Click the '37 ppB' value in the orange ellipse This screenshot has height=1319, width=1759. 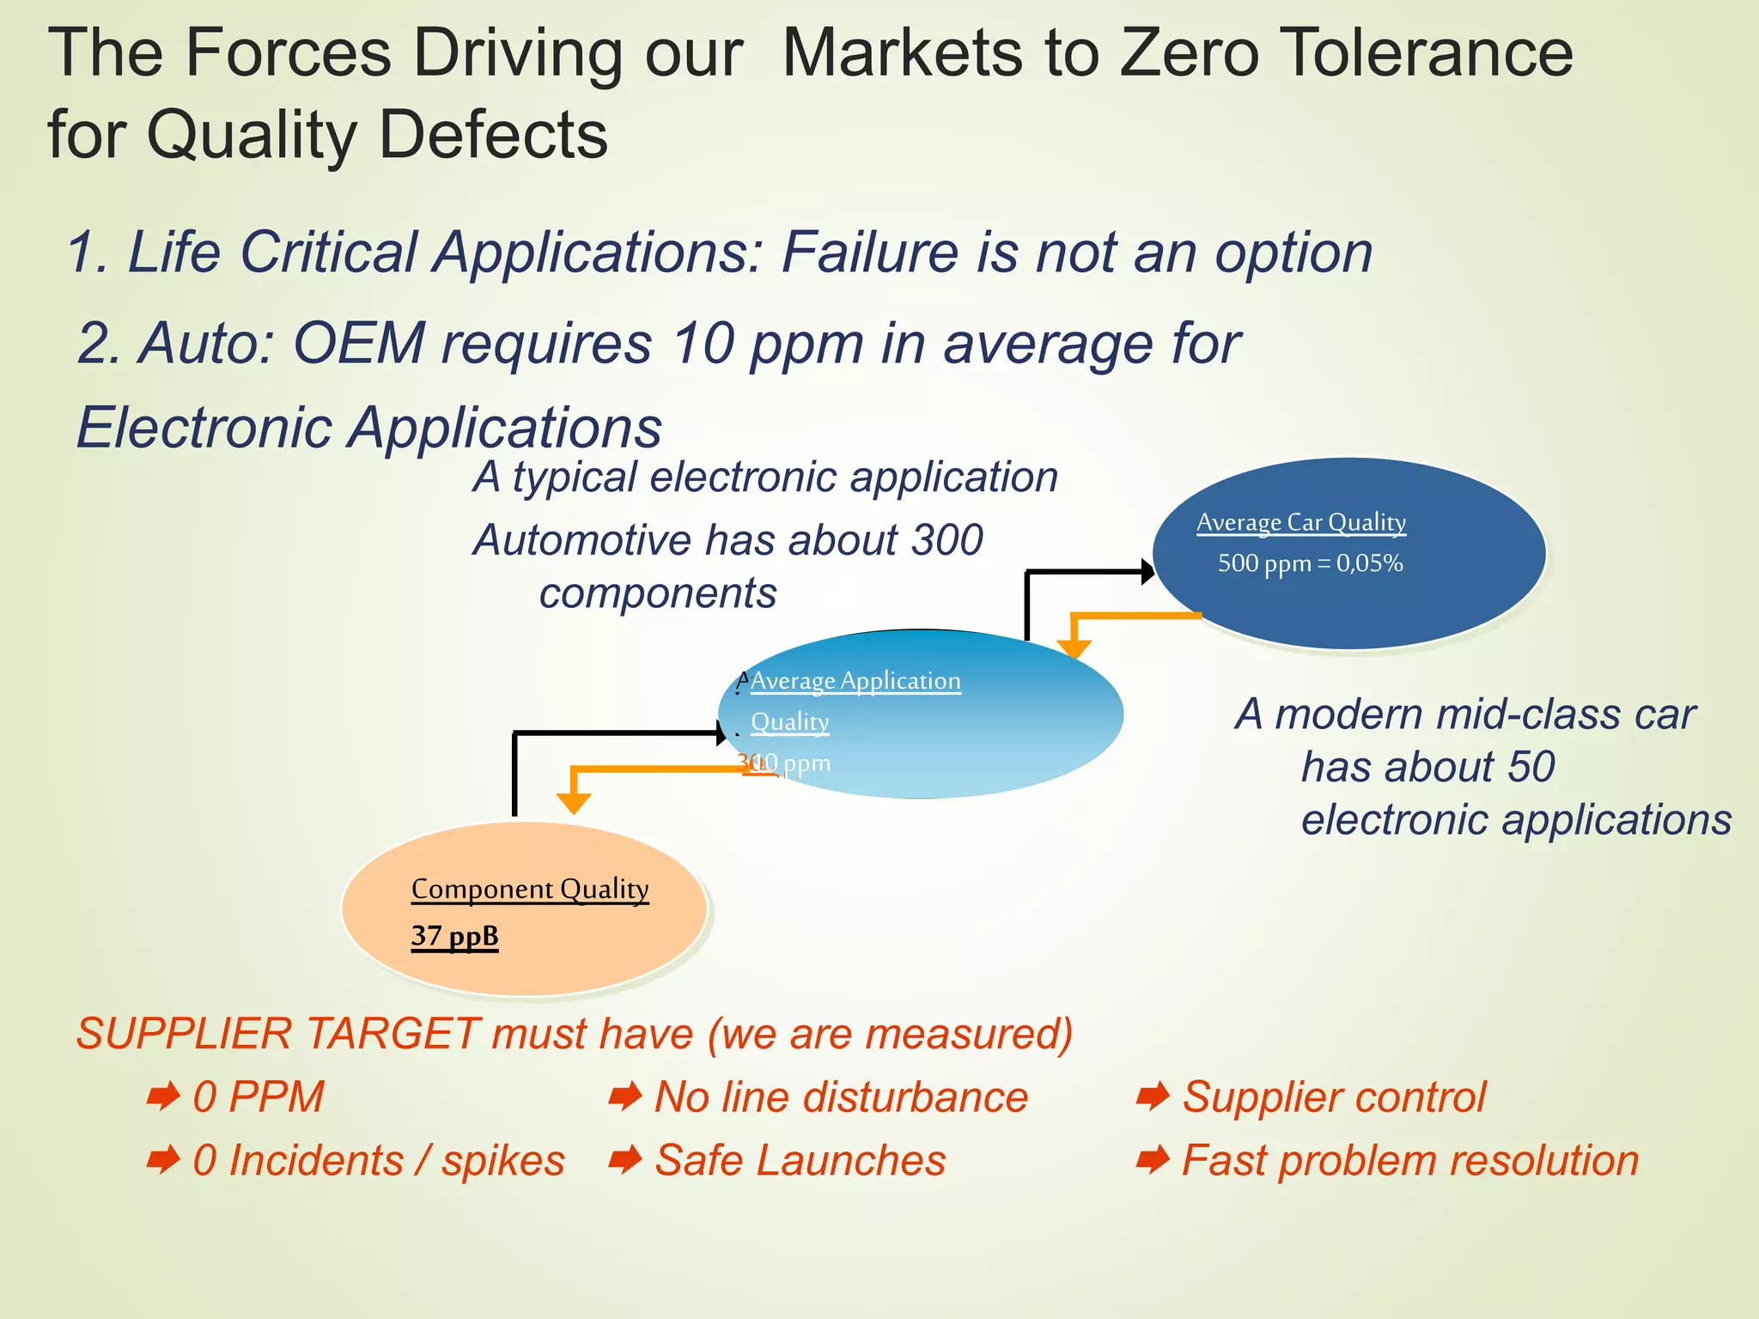pos(454,935)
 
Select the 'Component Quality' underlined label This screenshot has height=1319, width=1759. pos(530,889)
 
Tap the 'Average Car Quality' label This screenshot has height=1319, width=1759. pos(1300,522)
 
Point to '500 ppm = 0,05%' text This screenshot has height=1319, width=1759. pos(1310,563)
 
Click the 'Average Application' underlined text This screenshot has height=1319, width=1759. pos(855,681)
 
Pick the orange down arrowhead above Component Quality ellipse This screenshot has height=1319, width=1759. pos(574,803)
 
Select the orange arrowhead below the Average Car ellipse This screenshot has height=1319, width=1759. pos(1074,648)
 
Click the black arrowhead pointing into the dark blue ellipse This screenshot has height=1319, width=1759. pos(1147,571)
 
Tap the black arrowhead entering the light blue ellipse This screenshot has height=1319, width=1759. pos(721,732)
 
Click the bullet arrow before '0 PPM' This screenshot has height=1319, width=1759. pos(162,1097)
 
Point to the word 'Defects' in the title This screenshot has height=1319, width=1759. pos(493,135)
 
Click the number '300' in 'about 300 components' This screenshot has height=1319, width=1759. pos(946,540)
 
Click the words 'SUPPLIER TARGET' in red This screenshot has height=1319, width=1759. pos(277,1033)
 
